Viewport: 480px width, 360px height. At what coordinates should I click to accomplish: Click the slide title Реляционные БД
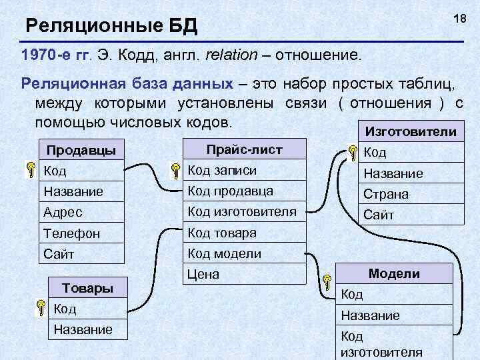(x=111, y=27)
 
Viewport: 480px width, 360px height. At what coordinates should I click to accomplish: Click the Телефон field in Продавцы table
(x=72, y=233)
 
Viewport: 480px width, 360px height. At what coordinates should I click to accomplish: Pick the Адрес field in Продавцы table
(x=63, y=212)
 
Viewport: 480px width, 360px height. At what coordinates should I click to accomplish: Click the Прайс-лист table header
(x=244, y=149)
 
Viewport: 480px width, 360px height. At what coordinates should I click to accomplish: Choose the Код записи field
(x=222, y=170)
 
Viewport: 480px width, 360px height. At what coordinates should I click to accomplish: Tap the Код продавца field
(x=230, y=191)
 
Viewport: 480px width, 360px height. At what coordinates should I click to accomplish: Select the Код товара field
(x=222, y=233)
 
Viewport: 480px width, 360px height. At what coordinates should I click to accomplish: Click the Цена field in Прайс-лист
(x=203, y=274)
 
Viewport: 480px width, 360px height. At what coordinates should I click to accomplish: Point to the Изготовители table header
(x=407, y=132)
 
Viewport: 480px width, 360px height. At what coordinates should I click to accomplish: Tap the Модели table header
(x=394, y=273)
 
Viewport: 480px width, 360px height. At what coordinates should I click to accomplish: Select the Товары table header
(x=87, y=288)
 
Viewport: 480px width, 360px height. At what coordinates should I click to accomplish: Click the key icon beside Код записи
(x=175, y=171)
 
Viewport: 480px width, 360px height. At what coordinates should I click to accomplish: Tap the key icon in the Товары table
(x=41, y=309)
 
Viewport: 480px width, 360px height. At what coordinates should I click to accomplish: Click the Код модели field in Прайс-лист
(x=224, y=253)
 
